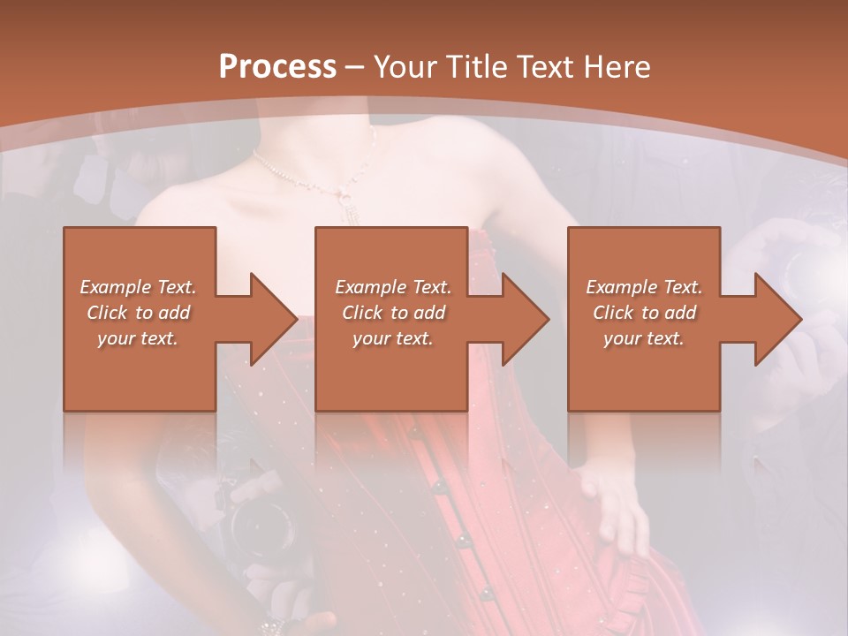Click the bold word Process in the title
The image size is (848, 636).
coord(277,67)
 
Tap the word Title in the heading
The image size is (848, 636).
coord(474,67)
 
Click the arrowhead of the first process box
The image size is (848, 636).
coord(274,319)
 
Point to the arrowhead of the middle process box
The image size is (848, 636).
coord(526,319)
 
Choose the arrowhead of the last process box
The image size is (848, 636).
coord(777,319)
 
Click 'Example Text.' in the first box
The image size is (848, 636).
coord(138,287)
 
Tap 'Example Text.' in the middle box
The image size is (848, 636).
coord(393,287)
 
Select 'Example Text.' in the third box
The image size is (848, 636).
coord(644,287)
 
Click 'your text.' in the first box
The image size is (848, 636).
coord(138,338)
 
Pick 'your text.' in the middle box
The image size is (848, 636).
coord(393,338)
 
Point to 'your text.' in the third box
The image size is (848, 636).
coord(644,338)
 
